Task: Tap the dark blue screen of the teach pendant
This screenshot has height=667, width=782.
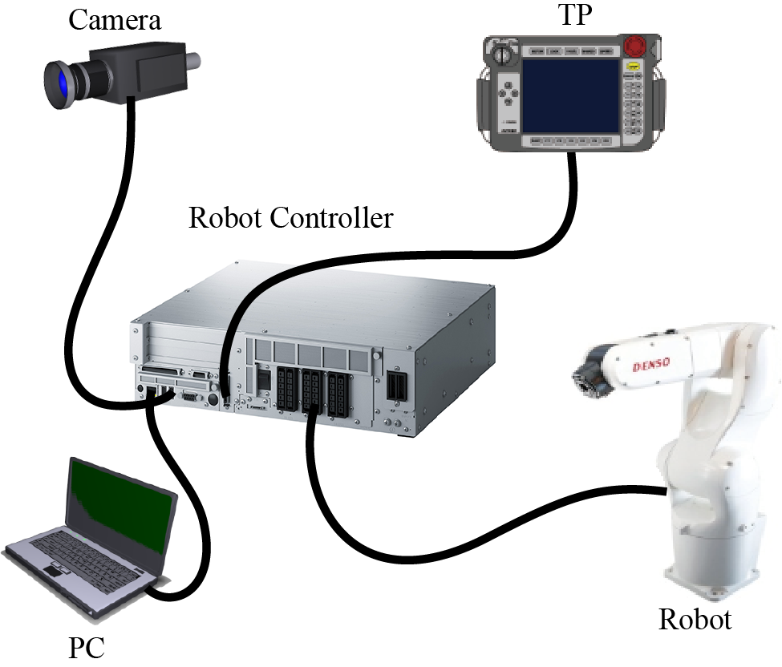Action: point(571,95)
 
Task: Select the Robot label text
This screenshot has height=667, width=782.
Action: point(695,619)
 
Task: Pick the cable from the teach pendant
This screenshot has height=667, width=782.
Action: point(449,253)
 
